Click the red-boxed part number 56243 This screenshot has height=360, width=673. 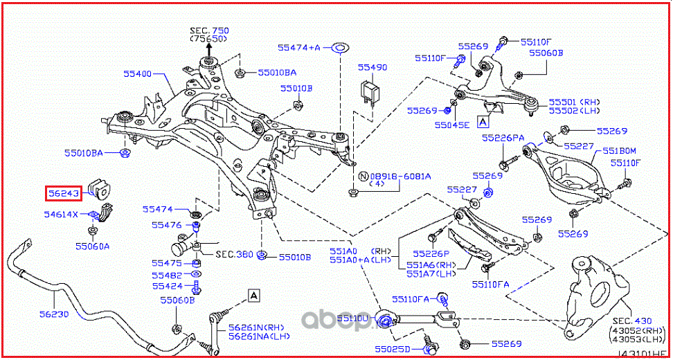tap(64, 193)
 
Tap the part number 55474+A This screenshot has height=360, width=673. tap(299, 48)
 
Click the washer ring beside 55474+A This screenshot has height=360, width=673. tap(341, 48)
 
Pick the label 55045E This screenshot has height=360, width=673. tap(451, 125)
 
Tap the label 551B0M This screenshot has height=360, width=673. tap(619, 150)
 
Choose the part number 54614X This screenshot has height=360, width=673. tap(62, 215)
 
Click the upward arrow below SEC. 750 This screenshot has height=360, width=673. tap(209, 47)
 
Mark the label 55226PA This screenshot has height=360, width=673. tap(503, 138)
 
